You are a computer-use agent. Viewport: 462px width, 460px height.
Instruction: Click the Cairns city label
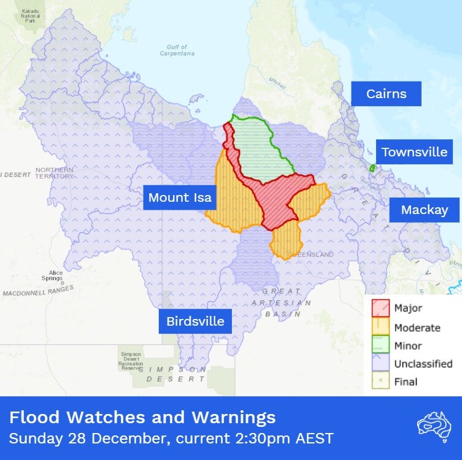click(386, 94)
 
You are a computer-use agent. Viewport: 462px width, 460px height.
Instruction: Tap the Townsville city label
click(414, 152)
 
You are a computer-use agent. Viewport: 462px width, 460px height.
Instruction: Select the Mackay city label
click(424, 210)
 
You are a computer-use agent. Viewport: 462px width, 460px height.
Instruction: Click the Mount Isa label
click(180, 197)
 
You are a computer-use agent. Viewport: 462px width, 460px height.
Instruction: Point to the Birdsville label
click(195, 321)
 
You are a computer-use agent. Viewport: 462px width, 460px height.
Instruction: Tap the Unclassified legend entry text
click(423, 364)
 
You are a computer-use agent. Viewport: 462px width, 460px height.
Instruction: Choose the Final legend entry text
click(406, 381)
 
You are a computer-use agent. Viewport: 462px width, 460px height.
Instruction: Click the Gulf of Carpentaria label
click(180, 50)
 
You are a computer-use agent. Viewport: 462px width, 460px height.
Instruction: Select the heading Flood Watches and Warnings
click(142, 418)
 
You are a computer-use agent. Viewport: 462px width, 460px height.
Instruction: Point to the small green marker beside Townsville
click(372, 168)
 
